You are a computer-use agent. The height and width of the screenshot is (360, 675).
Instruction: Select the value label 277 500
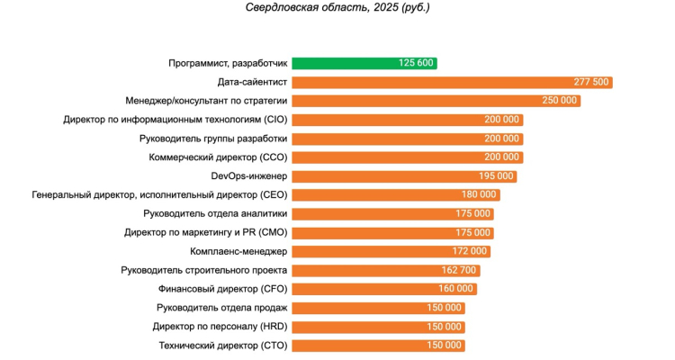(x=591, y=82)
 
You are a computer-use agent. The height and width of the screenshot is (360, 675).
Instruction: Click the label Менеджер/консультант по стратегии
(x=206, y=101)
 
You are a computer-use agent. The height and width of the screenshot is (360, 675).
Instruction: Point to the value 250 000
(x=560, y=101)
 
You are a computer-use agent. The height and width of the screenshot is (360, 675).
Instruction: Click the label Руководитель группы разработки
(x=213, y=139)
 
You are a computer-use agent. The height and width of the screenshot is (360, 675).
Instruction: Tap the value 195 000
(x=497, y=176)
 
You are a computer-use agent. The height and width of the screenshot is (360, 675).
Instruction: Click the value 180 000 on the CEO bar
(x=479, y=195)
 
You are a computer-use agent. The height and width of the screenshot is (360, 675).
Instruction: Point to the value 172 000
(x=471, y=251)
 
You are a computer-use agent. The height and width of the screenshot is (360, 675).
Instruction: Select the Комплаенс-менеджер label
(x=238, y=251)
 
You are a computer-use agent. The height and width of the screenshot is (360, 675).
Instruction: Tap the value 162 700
(x=461, y=270)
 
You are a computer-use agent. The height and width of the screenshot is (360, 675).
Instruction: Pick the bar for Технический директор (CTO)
(x=379, y=346)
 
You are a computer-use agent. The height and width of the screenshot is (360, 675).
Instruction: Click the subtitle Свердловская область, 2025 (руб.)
(x=337, y=8)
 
